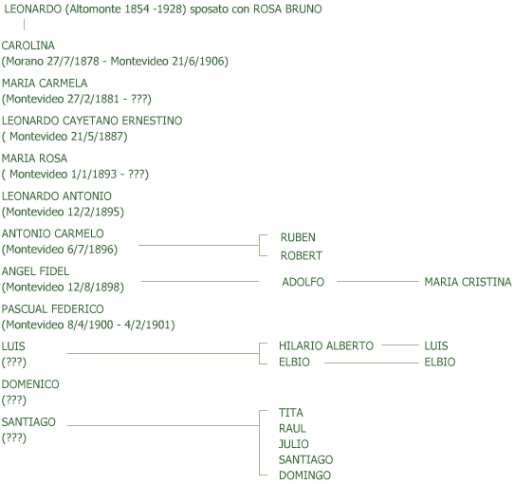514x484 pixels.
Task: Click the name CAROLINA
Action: coord(28,46)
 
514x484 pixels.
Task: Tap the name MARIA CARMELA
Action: coord(45,83)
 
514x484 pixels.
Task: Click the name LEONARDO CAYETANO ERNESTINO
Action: coord(92,121)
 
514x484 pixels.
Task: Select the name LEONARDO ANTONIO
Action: coord(56,195)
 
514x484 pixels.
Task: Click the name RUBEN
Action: coord(298,237)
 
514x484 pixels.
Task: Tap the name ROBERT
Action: coord(302,255)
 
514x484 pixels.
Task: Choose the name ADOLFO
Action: coord(303,282)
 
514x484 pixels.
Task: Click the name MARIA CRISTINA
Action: coord(468,282)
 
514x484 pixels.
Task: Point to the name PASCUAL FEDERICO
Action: coord(52,308)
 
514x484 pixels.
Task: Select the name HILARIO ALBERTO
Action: coord(326,345)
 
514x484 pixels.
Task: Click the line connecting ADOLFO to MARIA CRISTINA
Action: coord(377,281)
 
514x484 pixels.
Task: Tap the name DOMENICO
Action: coord(30,384)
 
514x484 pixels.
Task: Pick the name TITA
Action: coord(291,413)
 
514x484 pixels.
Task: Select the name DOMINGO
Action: coord(304,475)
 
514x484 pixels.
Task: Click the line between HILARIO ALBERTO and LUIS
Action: coord(400,344)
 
